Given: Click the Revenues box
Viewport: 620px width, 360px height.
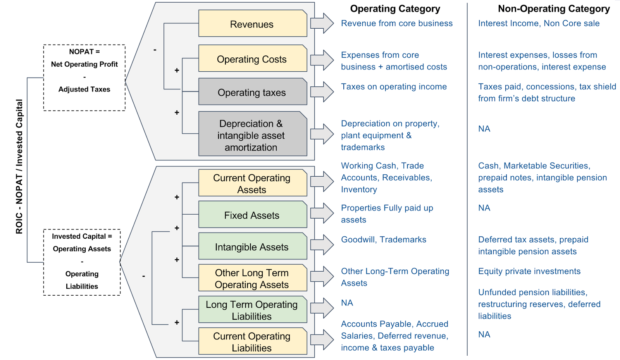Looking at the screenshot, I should pyautogui.click(x=252, y=24).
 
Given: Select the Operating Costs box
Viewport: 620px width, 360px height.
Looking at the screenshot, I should pyautogui.click(x=252, y=59).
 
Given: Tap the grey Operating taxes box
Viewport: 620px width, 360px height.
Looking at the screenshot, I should pyautogui.click(x=252, y=92).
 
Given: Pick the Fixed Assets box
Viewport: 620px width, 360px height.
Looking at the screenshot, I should pyautogui.click(x=252, y=215).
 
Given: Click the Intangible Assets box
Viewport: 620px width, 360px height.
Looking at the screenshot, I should pyautogui.click(x=252, y=246).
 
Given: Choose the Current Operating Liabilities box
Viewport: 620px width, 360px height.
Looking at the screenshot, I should pyautogui.click(x=252, y=341).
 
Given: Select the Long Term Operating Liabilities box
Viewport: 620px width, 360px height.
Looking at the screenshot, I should pyautogui.click(x=252, y=310).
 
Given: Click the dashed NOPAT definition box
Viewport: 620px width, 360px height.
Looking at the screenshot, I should pyautogui.click(x=84, y=78).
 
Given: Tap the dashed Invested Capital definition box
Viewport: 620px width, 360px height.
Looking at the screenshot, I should pyautogui.click(x=82, y=262).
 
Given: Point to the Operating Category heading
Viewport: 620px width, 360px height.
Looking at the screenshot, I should pyautogui.click(x=395, y=9).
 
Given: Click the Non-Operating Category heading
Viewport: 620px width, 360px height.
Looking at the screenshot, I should pyautogui.click(x=553, y=9).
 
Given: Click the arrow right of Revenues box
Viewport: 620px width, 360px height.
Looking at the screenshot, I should pyautogui.click(x=322, y=23).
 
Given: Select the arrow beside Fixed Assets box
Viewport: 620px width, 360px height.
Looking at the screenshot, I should pyautogui.click(x=322, y=213).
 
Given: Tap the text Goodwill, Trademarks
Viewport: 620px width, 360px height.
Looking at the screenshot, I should pyautogui.click(x=383, y=239).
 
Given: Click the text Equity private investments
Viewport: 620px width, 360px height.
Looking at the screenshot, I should pyautogui.click(x=529, y=271).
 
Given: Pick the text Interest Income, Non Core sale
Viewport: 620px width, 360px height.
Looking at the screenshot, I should pyautogui.click(x=539, y=23).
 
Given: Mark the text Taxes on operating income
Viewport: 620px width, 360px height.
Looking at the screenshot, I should pyautogui.click(x=394, y=87).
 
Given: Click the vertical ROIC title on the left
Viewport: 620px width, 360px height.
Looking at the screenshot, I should pyautogui.click(x=19, y=167).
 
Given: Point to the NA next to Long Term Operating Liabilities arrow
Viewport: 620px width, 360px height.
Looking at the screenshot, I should pyautogui.click(x=347, y=303).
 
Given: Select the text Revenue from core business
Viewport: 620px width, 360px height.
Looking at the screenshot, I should pyautogui.click(x=396, y=23).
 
